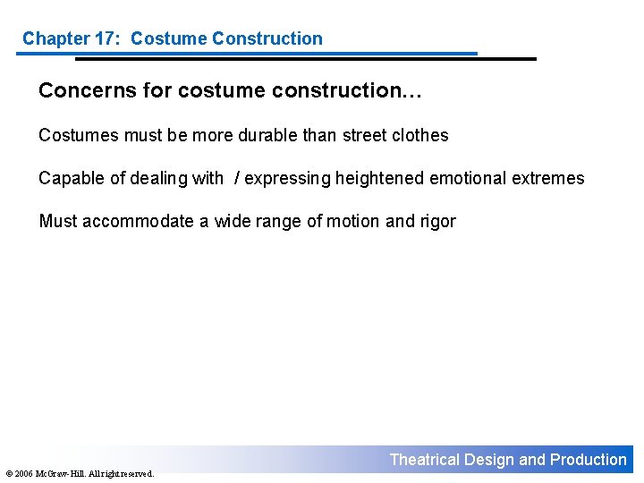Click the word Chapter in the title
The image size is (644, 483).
pos(54,38)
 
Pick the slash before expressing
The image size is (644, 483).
pos(236,178)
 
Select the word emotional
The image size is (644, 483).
pos(468,178)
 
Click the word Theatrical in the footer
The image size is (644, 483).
pos(425,460)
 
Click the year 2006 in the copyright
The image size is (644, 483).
pos(21,474)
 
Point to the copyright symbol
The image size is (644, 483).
pos(6,474)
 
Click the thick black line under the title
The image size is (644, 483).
pos(304,59)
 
